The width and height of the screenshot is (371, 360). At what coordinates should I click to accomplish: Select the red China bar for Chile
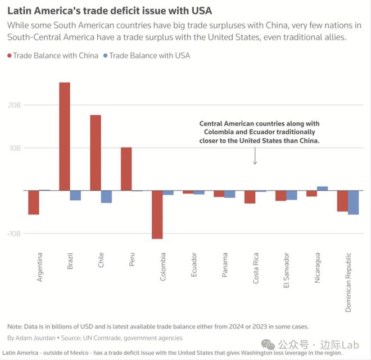point(96,152)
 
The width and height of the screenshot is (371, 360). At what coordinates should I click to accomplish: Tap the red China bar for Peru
point(126,169)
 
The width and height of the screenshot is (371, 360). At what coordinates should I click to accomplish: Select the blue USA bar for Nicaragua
point(322,188)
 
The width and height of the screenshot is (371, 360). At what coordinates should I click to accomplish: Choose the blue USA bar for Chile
point(106,196)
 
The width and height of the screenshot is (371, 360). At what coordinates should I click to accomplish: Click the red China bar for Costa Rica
point(250,196)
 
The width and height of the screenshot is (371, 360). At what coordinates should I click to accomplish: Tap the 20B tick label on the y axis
point(14,105)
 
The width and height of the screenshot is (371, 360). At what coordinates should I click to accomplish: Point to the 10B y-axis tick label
point(14,148)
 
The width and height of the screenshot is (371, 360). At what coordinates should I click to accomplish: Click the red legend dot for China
point(10,56)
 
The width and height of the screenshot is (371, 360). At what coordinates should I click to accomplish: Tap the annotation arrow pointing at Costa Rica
point(255,156)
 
